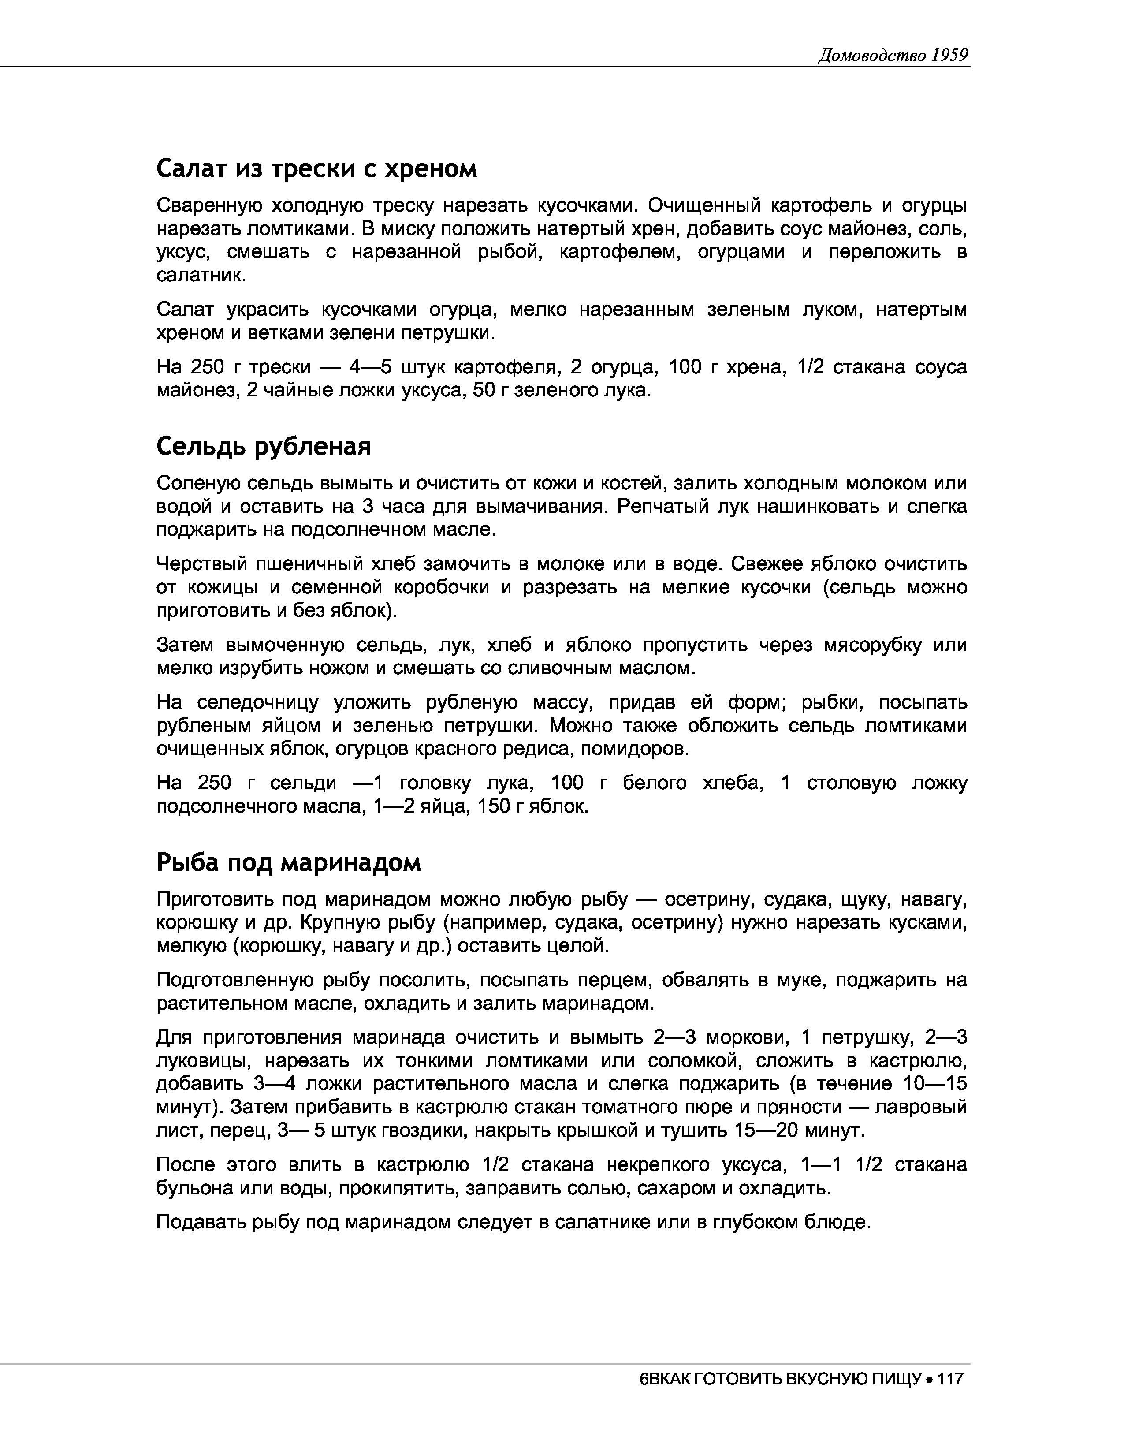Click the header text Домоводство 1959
pos(892,55)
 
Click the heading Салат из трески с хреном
pos(317,169)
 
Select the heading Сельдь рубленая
pos(263,446)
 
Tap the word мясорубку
pos(871,645)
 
